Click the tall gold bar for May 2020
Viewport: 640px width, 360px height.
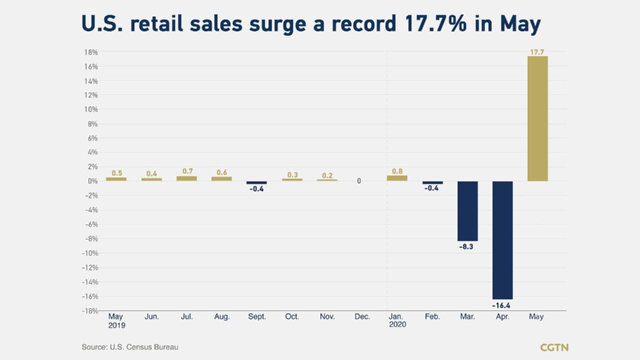537,118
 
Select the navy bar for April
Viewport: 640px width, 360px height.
502,240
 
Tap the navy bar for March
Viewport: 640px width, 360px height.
467,211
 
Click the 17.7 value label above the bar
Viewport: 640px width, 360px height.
537,52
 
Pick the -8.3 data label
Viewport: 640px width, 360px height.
465,246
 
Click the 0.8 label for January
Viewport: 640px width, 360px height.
397,171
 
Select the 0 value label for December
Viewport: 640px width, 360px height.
359,181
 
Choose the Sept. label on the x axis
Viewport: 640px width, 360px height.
257,317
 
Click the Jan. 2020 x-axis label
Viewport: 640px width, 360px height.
397,320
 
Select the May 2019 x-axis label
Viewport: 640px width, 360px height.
116,320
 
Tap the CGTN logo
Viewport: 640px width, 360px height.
554,347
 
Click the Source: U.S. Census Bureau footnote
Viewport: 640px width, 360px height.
130,347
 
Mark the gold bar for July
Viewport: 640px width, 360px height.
186,178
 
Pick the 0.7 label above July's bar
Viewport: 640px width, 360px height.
187,171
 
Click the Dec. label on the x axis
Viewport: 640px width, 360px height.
362,317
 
